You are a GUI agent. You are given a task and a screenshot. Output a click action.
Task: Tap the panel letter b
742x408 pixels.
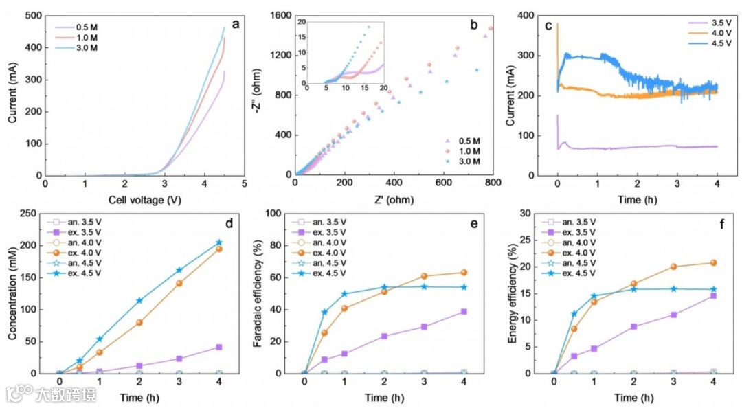pos(474,25)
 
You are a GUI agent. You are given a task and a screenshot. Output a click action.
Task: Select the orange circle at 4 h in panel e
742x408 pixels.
pos(463,273)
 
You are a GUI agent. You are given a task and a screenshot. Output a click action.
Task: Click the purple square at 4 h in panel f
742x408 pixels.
pos(713,295)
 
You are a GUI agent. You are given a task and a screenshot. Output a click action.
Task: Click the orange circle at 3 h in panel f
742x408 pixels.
pos(673,267)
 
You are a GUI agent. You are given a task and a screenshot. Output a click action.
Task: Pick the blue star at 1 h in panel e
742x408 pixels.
pos(344,294)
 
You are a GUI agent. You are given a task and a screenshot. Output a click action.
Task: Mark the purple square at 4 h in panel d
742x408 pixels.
pos(219,347)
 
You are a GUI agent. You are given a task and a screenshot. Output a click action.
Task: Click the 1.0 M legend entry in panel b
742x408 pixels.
pos(466,150)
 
